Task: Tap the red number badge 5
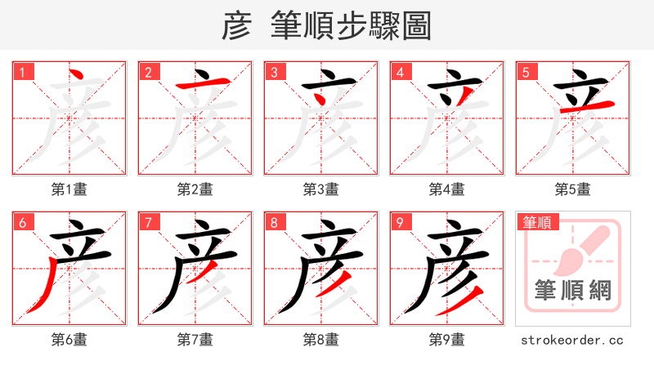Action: coord(526,72)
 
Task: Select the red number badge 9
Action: coord(401,222)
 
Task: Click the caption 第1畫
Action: coord(69,189)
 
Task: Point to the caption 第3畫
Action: coord(320,189)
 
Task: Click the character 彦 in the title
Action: coord(236,27)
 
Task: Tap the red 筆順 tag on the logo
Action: coord(536,222)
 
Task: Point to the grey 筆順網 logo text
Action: coord(572,291)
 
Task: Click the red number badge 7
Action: coord(149,222)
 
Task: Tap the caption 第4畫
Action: coord(446,189)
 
